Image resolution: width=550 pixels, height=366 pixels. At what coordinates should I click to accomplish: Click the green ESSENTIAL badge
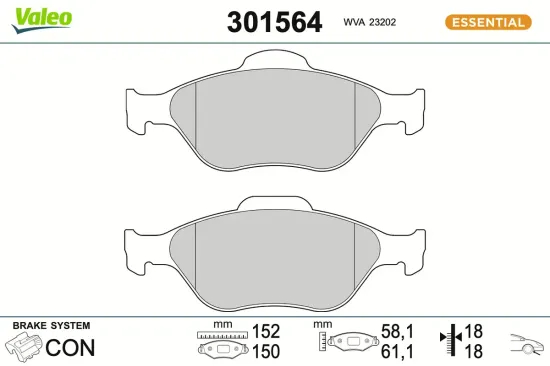pos(488,22)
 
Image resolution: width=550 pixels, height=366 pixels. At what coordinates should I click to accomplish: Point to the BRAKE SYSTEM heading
pos(50,326)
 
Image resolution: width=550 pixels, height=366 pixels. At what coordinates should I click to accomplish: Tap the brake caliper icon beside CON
pos(22,348)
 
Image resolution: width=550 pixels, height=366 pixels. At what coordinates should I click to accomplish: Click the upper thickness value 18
pos(474,330)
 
